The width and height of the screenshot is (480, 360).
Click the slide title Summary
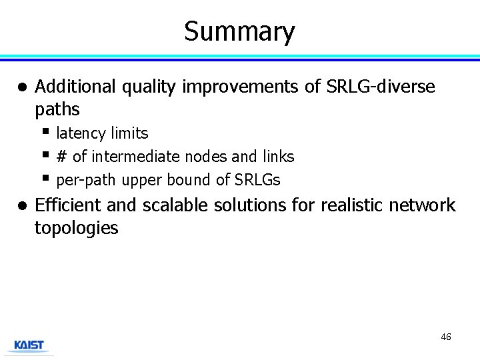coord(239,31)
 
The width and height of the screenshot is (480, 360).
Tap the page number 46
coord(446,337)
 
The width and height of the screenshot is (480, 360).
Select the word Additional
coord(74,87)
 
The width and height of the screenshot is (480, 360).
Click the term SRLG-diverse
coord(380,87)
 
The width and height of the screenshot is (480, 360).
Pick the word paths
coord(57,109)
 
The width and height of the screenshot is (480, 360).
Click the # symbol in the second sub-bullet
coord(62,157)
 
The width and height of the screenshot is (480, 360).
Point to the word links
coord(278,157)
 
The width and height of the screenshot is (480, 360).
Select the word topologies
coord(76,228)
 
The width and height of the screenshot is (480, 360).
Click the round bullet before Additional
coord(22,87)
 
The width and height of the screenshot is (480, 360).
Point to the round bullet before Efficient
coord(22,206)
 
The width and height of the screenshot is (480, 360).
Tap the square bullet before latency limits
coord(45,131)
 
